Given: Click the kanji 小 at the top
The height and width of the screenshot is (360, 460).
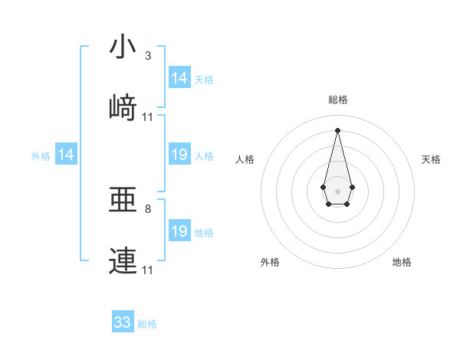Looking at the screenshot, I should (x=123, y=47).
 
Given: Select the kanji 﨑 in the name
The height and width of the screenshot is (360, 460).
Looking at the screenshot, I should (x=123, y=107).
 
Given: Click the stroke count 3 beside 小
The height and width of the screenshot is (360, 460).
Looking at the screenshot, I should (x=148, y=56).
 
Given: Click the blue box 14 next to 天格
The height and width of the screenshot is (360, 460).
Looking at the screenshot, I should (x=179, y=78).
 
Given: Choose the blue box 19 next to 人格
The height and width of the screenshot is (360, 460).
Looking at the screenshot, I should (x=179, y=155).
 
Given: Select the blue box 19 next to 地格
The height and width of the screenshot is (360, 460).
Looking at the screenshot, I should (x=179, y=231).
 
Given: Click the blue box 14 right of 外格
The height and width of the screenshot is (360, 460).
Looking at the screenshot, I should (x=66, y=155).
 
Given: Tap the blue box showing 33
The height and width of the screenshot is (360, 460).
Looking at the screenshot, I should (x=123, y=322).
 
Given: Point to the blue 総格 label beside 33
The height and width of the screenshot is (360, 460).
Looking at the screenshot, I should (x=147, y=324).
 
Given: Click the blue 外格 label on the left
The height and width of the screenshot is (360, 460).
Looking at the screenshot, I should (x=41, y=156).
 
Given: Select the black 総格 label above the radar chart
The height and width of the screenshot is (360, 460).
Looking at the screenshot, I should (x=337, y=100).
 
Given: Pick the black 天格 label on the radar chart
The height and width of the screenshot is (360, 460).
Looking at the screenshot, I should (x=431, y=159).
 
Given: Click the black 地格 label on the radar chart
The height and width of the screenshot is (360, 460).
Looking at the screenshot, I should (x=402, y=263).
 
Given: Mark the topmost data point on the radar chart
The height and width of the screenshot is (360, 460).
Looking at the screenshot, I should (x=337, y=129).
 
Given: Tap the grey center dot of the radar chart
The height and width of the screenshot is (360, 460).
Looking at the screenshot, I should (x=337, y=190).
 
